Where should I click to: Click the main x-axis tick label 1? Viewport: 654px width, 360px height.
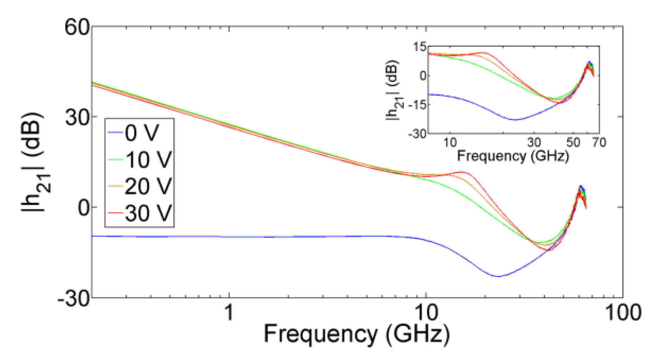point(229,312)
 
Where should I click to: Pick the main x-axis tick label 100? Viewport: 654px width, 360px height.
point(623,312)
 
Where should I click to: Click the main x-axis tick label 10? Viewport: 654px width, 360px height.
point(426,312)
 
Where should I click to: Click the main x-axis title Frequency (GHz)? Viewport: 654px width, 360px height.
point(357,334)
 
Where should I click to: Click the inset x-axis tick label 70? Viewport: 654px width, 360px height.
point(599,143)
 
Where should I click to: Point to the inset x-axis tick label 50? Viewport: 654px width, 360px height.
point(573,143)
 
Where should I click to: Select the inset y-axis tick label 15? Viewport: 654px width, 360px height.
point(420,47)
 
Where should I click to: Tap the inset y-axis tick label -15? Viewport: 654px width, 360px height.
point(417,105)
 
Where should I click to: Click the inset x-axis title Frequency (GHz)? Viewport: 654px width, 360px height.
point(513,156)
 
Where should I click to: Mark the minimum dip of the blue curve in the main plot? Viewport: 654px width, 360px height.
point(498,276)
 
